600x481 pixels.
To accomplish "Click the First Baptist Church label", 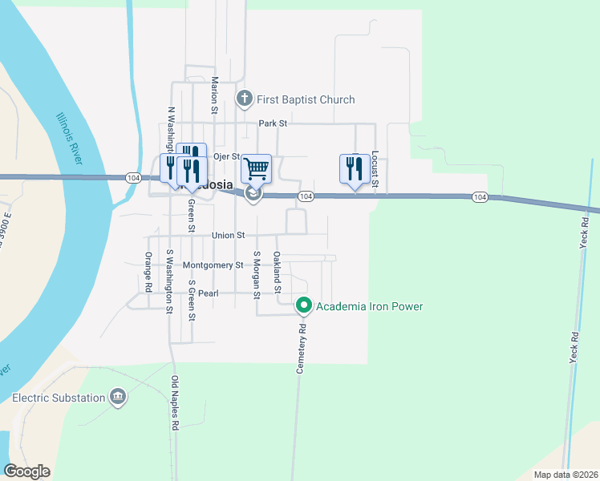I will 305,99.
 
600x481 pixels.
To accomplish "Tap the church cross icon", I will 245,99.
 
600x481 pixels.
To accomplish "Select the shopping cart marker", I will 256,169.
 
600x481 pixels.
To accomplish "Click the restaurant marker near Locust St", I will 355,169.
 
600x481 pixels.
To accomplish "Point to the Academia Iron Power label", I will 369,306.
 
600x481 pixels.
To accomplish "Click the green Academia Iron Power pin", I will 304,305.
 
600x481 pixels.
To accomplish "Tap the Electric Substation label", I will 59,398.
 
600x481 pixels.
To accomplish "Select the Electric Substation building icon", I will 118,398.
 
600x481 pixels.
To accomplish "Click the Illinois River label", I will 69,139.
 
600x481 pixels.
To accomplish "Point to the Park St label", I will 272,123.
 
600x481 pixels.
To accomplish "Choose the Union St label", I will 228,236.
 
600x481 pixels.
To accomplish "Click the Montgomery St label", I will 213,265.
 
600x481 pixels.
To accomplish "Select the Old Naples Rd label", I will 174,403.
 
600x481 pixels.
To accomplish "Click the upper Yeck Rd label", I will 585,232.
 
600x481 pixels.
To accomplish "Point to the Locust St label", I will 375,169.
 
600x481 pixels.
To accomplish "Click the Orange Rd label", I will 148,272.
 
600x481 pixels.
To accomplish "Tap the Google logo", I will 26,471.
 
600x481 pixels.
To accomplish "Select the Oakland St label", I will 277,268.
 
